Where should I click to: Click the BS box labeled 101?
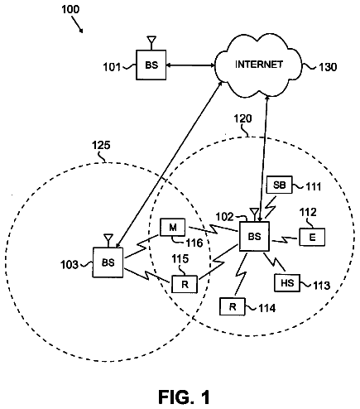(x=151, y=65)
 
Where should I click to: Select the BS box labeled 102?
(x=254, y=236)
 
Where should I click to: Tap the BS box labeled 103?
(x=108, y=262)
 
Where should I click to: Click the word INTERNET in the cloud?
(x=259, y=65)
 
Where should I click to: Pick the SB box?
(x=279, y=185)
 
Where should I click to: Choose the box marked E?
(x=312, y=237)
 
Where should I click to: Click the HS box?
(x=287, y=283)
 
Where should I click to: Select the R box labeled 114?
(x=233, y=306)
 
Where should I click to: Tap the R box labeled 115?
(x=185, y=284)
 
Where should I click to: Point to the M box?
(x=173, y=228)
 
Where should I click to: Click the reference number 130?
(x=328, y=67)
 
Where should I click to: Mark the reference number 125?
(x=101, y=145)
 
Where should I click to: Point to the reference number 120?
(x=242, y=118)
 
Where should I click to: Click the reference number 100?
(x=70, y=9)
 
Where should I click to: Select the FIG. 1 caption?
(x=184, y=397)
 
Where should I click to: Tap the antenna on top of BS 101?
(x=151, y=43)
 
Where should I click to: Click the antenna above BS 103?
(x=108, y=240)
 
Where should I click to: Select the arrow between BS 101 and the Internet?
(x=190, y=65)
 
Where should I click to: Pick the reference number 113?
(x=321, y=286)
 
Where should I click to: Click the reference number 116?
(x=194, y=243)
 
